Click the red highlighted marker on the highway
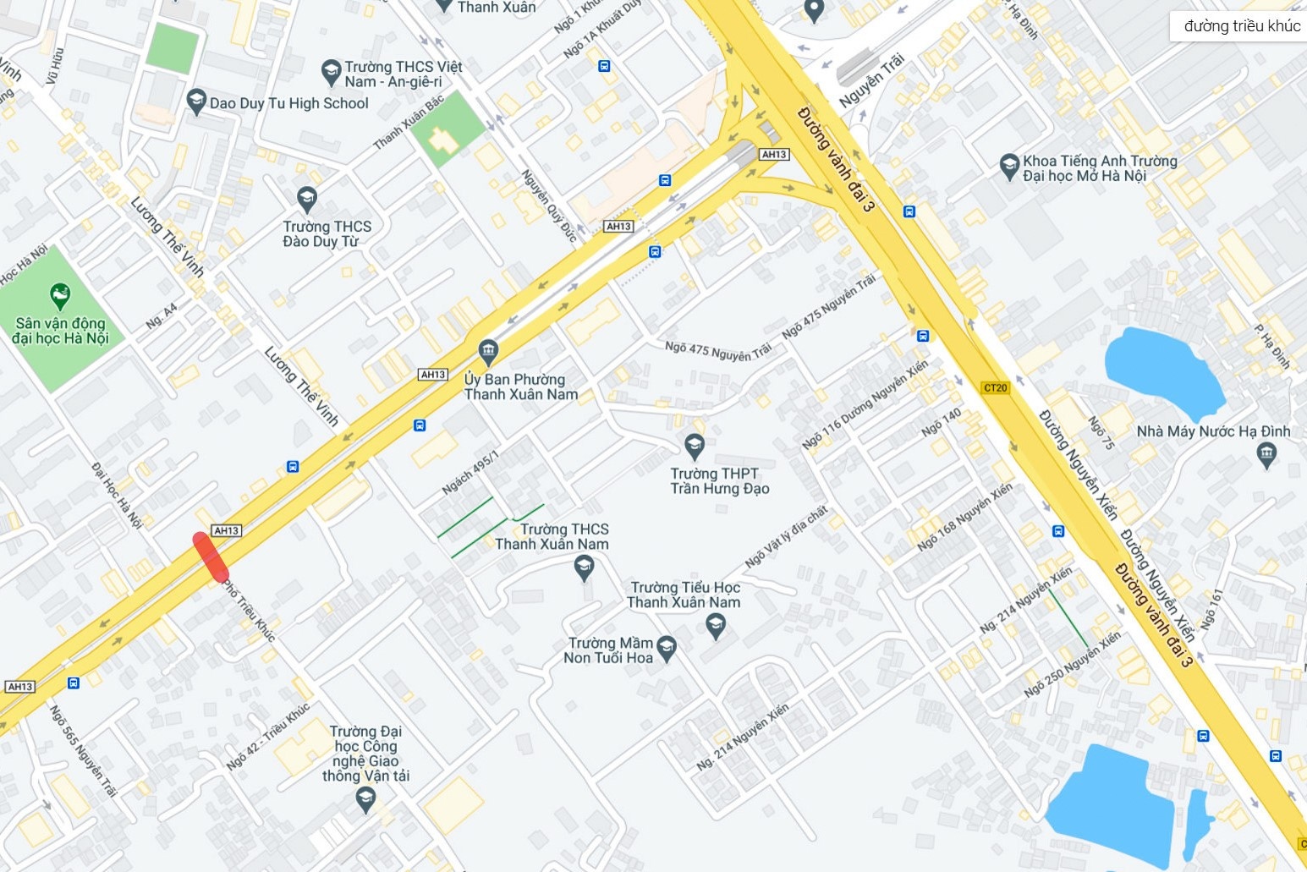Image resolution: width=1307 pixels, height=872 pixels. pos(211,557)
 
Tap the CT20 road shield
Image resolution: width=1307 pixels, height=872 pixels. pos(996,388)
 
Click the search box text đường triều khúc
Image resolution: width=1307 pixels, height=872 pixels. pos(1242,26)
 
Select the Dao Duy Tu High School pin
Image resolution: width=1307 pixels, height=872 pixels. pos(196,101)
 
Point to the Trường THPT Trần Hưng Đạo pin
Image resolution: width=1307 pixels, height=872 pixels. pos(695,445)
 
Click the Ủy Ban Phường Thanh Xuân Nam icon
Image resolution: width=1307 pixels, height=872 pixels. pos(488,350)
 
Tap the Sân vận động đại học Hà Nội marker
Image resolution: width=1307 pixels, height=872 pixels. pos(60,296)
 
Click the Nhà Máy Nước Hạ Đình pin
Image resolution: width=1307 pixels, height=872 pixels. pos(1266,455)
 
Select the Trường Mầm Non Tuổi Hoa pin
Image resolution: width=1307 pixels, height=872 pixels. pos(667,649)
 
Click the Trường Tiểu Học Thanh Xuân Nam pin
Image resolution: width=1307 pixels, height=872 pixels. pos(717,626)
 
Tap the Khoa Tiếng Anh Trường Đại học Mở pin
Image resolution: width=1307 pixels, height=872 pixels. pos(1008,166)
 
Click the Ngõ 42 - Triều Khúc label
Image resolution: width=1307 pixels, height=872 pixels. pos(268,736)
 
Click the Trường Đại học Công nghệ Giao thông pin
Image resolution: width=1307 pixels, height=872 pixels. pos(365,798)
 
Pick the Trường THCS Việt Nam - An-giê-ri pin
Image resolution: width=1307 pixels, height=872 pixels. pos(331,72)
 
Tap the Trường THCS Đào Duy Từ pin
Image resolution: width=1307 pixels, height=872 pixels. pos(307,199)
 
